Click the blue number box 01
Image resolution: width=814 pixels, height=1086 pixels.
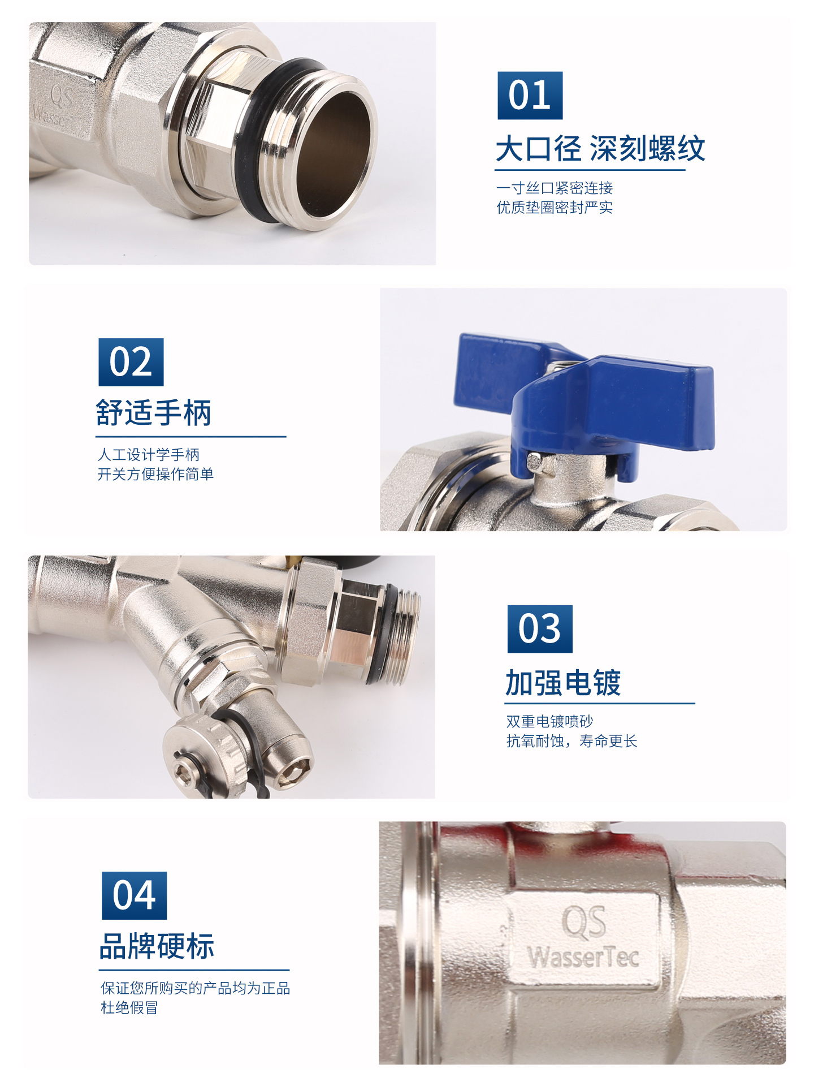530,96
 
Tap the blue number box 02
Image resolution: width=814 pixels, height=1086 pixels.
131,363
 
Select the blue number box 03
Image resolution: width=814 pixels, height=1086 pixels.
540,629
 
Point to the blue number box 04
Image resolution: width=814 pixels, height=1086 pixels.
134,895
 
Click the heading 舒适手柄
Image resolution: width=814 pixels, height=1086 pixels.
154,412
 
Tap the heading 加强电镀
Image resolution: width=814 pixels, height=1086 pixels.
563,683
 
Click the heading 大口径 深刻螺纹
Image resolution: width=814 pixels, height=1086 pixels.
600,149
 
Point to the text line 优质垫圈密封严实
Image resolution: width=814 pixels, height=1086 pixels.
555,208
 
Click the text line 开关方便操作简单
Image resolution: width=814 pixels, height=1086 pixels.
155,474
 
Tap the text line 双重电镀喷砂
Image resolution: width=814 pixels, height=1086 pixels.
549,721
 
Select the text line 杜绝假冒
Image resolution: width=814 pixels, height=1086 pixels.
129,1007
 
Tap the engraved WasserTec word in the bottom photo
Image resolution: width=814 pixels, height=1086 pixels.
583,957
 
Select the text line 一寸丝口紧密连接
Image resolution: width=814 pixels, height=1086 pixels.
555,188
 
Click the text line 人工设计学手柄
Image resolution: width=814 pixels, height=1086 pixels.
148,455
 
